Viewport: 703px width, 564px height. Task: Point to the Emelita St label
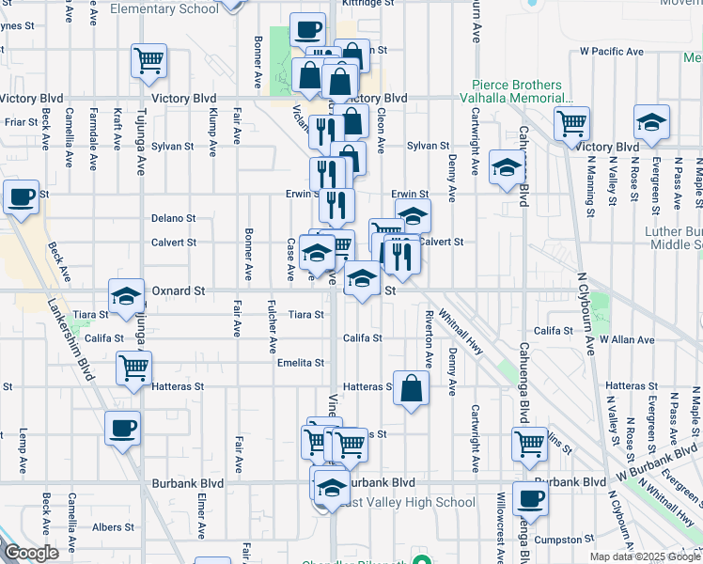tap(300, 363)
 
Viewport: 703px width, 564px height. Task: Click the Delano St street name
tap(174, 218)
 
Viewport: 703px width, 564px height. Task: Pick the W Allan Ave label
tap(627, 338)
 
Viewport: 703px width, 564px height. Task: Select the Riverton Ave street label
tap(429, 338)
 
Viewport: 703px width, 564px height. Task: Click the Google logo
tap(31, 553)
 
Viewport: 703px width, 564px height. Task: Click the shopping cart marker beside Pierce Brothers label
tap(571, 122)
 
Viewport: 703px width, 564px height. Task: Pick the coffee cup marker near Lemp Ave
tap(122, 429)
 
